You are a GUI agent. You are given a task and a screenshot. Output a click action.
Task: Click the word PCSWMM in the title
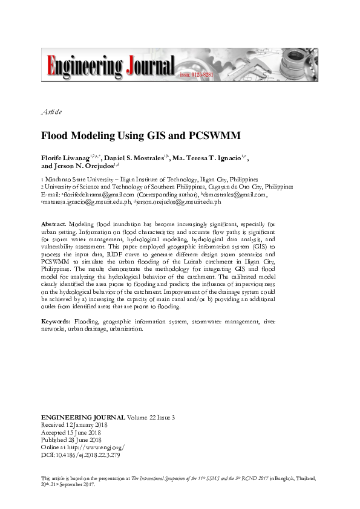click(x=182, y=136)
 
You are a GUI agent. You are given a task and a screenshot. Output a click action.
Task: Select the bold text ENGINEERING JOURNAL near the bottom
click(x=83, y=418)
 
